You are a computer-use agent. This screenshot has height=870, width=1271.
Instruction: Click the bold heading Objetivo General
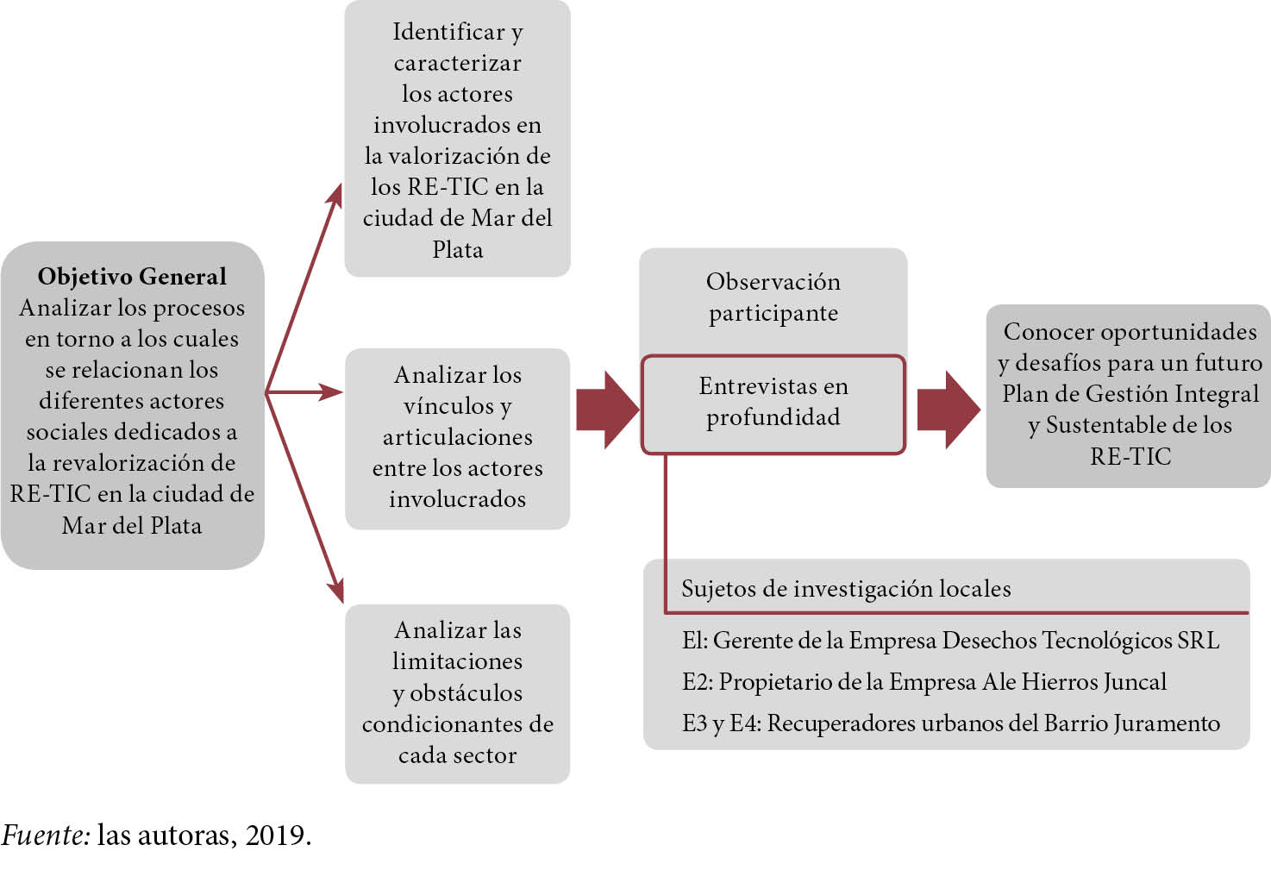[132, 277]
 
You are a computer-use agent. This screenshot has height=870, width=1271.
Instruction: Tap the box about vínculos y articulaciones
[457, 437]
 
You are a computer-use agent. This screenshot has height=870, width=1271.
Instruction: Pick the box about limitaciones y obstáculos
[457, 692]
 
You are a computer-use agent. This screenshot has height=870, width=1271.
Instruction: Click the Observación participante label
[773, 297]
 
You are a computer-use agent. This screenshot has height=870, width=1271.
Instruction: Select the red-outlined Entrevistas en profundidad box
[773, 403]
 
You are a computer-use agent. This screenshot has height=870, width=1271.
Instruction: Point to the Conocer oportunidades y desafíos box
[1129, 394]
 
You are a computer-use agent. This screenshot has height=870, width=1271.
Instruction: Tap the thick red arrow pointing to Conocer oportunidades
[948, 410]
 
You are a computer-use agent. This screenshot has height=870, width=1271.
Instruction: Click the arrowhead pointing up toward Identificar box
[335, 194]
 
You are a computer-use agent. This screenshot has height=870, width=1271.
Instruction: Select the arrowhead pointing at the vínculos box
[331, 392]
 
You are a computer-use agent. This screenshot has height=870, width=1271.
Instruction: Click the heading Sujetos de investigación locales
[846, 589]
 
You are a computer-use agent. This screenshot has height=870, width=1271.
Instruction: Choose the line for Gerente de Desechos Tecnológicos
[950, 641]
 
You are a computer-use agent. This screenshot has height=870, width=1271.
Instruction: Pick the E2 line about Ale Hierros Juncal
[924, 682]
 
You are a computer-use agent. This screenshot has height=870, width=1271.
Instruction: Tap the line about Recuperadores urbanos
[951, 723]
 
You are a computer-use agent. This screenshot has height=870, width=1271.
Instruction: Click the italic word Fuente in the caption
[45, 835]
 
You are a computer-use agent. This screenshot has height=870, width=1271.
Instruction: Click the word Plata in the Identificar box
[457, 250]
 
